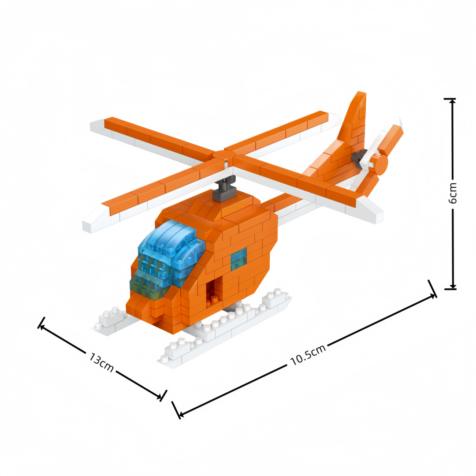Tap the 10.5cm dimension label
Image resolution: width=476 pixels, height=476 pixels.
(x=308, y=354)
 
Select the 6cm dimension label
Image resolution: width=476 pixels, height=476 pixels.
(x=452, y=193)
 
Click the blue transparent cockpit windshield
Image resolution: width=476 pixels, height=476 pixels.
(x=167, y=260)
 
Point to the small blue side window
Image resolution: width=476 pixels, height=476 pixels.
(x=238, y=259)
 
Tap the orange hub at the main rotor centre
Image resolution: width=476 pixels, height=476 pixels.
(x=224, y=155)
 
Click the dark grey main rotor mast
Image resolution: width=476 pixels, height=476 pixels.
(x=225, y=189)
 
